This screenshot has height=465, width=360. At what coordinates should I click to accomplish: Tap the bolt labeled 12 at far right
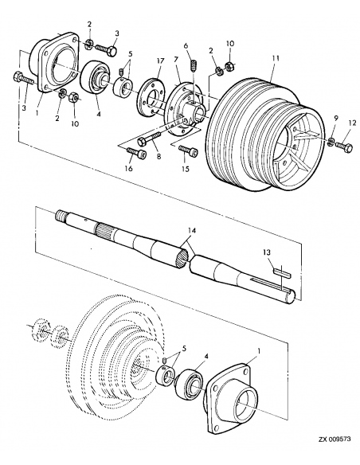(344, 146)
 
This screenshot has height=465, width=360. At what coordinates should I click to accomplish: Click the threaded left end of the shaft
(62, 215)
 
